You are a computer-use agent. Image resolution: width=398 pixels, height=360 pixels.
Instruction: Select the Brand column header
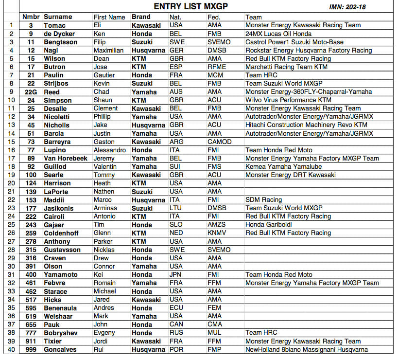pyautogui.click(x=141, y=17)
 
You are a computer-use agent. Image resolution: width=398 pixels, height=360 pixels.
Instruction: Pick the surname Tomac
pyautogui.click(x=54, y=25)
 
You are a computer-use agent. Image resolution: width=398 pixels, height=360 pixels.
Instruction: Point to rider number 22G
pyautogui.click(x=31, y=92)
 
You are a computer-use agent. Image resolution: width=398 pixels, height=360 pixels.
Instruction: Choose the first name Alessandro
pyautogui.click(x=110, y=150)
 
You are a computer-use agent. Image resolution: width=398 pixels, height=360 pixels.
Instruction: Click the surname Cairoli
pyautogui.click(x=54, y=216)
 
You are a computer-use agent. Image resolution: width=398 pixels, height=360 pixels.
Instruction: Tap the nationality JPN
pyautogui.click(x=176, y=275)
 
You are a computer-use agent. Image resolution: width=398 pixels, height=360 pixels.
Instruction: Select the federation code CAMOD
pyautogui.click(x=219, y=142)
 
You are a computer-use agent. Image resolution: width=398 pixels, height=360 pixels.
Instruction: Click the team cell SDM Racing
pyautogui.click(x=263, y=200)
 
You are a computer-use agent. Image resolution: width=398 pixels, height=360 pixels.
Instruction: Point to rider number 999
pyautogui.click(x=31, y=349)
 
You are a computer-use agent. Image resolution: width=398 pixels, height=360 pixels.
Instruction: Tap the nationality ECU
pyautogui.click(x=176, y=308)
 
